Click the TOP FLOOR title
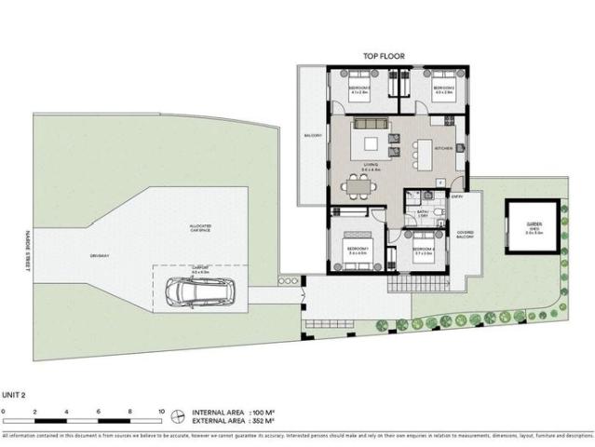tap(384, 57)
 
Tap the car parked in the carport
tap(189, 292)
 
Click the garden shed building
tap(533, 229)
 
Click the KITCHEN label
tap(443, 148)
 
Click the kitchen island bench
tap(424, 156)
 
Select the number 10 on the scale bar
tap(162, 411)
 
